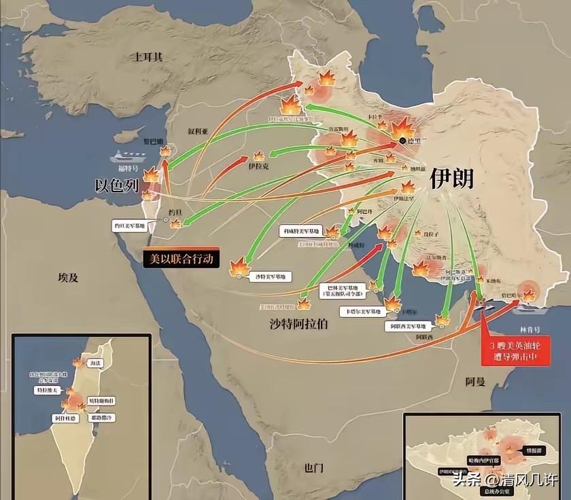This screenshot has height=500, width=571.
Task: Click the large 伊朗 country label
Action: tap(451, 178)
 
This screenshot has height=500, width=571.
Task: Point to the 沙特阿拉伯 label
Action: tap(298, 324)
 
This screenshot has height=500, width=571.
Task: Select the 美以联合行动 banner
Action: tap(180, 258)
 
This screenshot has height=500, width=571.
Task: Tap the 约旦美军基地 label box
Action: tap(133, 225)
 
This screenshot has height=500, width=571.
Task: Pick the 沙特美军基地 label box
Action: tap(271, 276)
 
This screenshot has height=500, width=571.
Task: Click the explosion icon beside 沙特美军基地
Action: tap(240, 266)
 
